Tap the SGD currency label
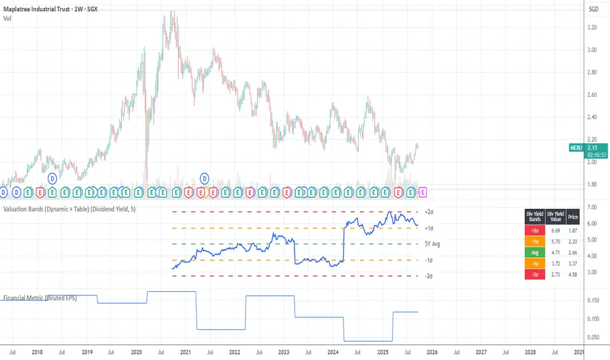click(x=594, y=9)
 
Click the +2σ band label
click(x=429, y=212)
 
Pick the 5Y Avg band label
click(x=433, y=244)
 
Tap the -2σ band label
click(x=429, y=276)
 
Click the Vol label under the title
click(x=7, y=18)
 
